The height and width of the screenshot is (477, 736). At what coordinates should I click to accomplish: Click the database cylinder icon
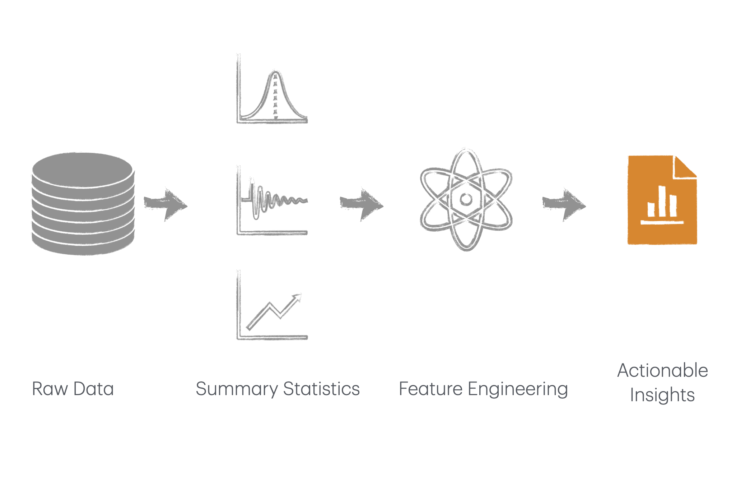pyautogui.click(x=83, y=204)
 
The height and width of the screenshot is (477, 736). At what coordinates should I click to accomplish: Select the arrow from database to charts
pyautogui.click(x=166, y=204)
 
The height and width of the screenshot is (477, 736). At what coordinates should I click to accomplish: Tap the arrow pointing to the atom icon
pyautogui.click(x=362, y=204)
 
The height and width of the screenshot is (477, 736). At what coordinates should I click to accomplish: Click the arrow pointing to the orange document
pyautogui.click(x=564, y=204)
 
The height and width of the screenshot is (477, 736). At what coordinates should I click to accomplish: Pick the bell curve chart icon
pyautogui.click(x=272, y=89)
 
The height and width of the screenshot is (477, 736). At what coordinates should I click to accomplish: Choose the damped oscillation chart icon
pyautogui.click(x=272, y=200)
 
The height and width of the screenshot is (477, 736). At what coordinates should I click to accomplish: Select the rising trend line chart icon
pyautogui.click(x=272, y=305)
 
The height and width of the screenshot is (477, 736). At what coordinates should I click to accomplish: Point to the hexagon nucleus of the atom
pyautogui.click(x=466, y=199)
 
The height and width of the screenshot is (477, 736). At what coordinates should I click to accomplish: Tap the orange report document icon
pyautogui.click(x=662, y=200)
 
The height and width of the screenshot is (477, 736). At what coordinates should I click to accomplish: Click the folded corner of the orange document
pyautogui.click(x=685, y=167)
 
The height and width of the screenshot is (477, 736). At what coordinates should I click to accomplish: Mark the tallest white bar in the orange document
pyautogui.click(x=662, y=201)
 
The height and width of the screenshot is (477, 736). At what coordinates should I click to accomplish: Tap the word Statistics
pyautogui.click(x=321, y=389)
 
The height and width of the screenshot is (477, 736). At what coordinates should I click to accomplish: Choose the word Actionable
pyautogui.click(x=663, y=370)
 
